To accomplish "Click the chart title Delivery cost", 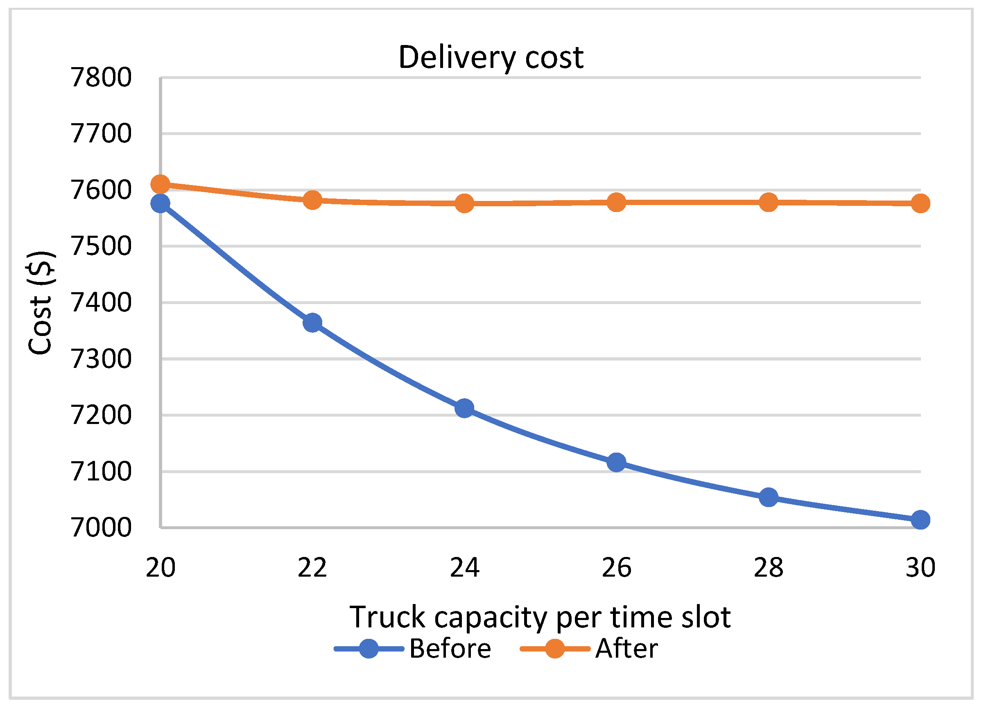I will point(491,57).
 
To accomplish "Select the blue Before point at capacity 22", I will point(312,322).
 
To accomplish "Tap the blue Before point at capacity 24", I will point(464,408).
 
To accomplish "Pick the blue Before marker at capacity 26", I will point(617,462).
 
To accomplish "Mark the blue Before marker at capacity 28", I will point(768,497).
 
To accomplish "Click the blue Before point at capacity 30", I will point(920,520).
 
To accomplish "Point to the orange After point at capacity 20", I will point(160,184).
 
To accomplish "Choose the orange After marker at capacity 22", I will point(312,201).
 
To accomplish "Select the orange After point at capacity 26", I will point(617,202).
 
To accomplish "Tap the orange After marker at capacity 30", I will point(920,203).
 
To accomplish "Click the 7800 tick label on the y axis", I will point(101,78).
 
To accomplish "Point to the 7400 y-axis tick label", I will point(101,302).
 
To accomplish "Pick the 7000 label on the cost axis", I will point(101,528).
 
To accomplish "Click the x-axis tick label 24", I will point(464,567).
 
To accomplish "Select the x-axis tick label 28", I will point(768,567).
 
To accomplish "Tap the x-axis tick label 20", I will point(161,567).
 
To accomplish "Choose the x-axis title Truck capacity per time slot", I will point(540,617).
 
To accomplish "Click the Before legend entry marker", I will point(369,649).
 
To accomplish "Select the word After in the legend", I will point(626,649).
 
